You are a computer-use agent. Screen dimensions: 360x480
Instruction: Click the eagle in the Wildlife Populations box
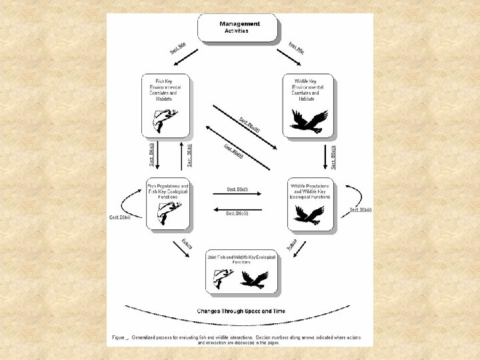(308, 214)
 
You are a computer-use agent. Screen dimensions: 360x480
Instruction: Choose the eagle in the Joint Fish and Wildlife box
(254, 278)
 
